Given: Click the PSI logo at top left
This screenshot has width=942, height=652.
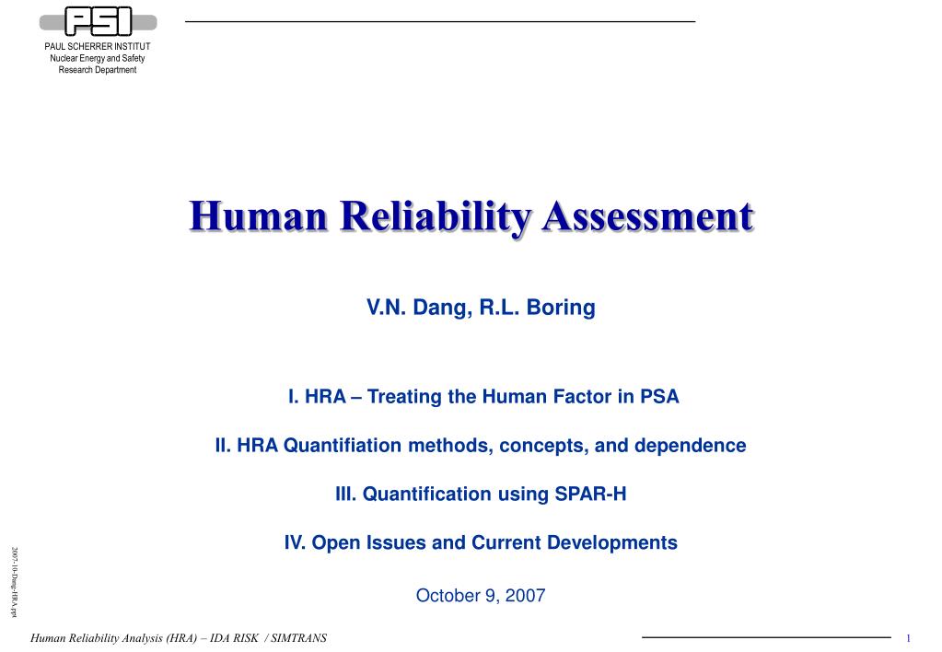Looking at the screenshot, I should [x=98, y=22].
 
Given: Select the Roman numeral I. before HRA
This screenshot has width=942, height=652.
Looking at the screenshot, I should [x=294, y=398].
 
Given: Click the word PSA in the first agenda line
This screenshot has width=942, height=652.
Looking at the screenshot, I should [x=658, y=398].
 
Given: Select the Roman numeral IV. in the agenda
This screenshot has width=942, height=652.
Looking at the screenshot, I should [x=296, y=543].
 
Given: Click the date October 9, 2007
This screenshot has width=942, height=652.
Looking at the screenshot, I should [x=481, y=596].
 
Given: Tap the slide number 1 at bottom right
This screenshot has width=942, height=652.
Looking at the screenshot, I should [x=908, y=639].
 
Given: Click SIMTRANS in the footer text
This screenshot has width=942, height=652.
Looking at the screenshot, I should [x=297, y=639].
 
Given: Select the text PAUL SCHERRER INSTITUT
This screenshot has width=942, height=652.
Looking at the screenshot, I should [x=98, y=47].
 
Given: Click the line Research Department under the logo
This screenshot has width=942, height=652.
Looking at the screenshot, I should [x=98, y=70].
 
